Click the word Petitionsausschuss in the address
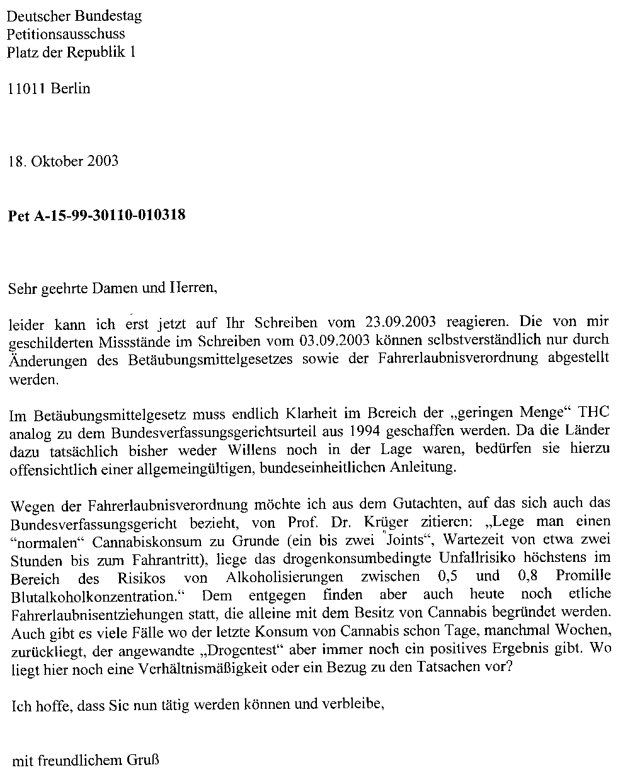(x=66, y=34)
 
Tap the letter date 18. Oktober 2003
(x=63, y=161)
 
